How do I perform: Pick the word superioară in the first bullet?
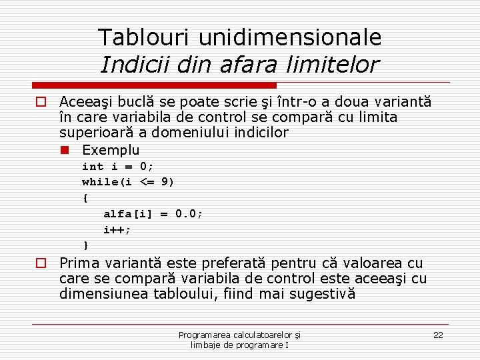click(91, 132)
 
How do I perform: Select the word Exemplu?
click(111, 149)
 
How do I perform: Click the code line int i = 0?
click(117, 167)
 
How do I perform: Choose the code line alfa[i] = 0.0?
click(153, 214)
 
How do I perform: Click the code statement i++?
click(117, 230)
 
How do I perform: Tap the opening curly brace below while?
click(85, 198)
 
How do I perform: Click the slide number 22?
click(438, 335)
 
